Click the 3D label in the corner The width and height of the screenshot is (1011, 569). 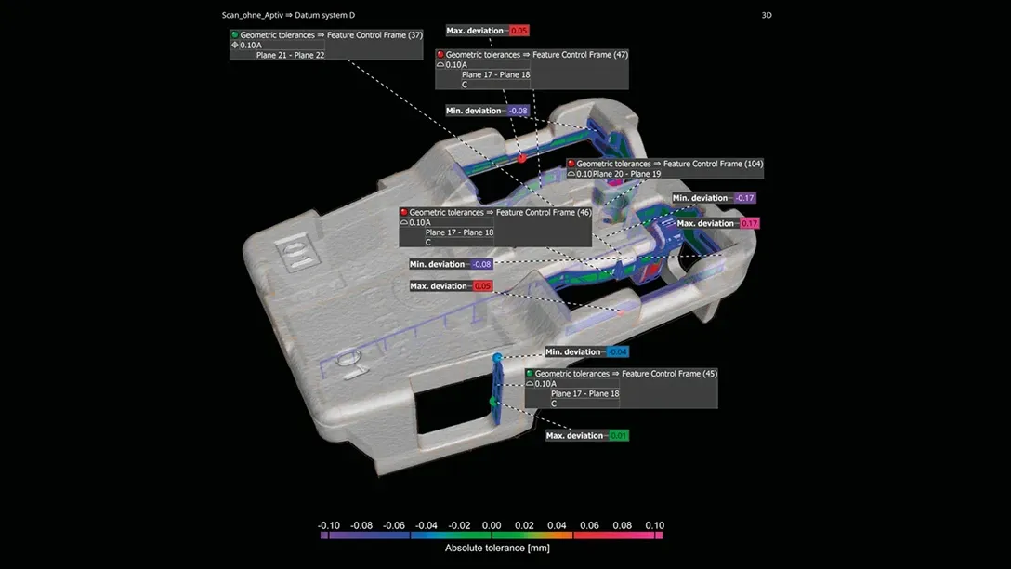pyautogui.click(x=766, y=15)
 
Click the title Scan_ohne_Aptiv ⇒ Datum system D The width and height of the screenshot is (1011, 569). pyautogui.click(x=288, y=15)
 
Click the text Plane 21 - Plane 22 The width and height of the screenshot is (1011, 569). pyautogui.click(x=290, y=55)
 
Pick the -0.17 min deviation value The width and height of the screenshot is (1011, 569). pyautogui.click(x=744, y=198)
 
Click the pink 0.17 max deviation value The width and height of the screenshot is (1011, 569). pyautogui.click(x=749, y=223)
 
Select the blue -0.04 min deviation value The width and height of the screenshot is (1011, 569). pyautogui.click(x=618, y=351)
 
